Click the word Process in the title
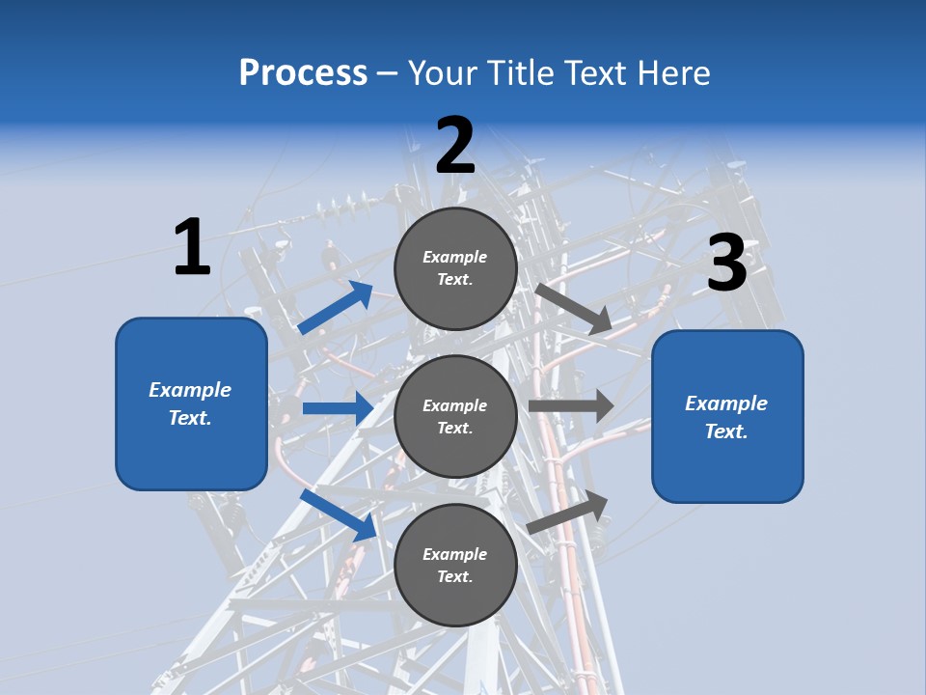point(303,73)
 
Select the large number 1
point(191,247)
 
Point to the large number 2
point(455,146)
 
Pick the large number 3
point(726,264)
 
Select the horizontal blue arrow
point(338,408)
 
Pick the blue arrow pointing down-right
point(338,514)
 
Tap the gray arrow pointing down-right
point(573,309)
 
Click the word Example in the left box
point(190,390)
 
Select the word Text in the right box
point(725,431)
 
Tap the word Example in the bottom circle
point(455,554)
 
